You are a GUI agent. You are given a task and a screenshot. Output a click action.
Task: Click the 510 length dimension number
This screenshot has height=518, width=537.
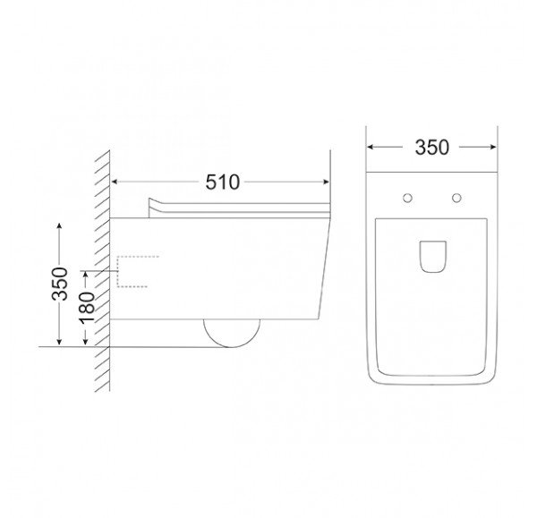pyautogui.click(x=222, y=183)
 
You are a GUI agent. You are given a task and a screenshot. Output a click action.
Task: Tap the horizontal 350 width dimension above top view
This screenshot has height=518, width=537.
pyautogui.click(x=431, y=148)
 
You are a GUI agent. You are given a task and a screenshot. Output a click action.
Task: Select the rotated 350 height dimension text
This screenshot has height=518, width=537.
pyautogui.click(x=60, y=284)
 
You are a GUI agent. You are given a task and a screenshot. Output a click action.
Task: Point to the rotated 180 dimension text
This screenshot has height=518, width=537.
pyautogui.click(x=87, y=308)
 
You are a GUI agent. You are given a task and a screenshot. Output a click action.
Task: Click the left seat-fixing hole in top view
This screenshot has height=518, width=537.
pyautogui.click(x=407, y=198)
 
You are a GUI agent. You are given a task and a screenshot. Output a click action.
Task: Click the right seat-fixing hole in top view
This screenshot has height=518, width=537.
pyautogui.click(x=456, y=198)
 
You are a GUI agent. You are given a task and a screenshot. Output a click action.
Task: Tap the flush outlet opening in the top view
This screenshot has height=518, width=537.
pyautogui.click(x=433, y=257)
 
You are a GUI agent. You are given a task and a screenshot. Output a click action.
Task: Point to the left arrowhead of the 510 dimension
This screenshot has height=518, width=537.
pyautogui.click(x=115, y=182)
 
